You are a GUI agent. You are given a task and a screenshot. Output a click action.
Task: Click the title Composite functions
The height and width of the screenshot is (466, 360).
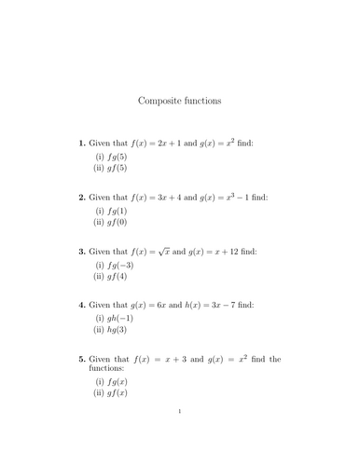pos(180,100)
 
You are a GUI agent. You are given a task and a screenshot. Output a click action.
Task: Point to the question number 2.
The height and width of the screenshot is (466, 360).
pos(82,198)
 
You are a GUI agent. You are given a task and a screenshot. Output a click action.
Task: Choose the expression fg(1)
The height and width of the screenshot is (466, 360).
pos(118,212)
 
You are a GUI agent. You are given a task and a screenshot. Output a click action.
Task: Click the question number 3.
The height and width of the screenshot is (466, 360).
pos(82,252)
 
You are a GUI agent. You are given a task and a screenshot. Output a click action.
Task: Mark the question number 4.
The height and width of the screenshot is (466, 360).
pos(82,305)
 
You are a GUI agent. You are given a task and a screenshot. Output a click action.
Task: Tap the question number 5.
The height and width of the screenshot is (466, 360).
pos(82,359)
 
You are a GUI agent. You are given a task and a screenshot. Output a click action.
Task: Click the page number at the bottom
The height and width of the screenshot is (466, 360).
pos(180,436)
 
